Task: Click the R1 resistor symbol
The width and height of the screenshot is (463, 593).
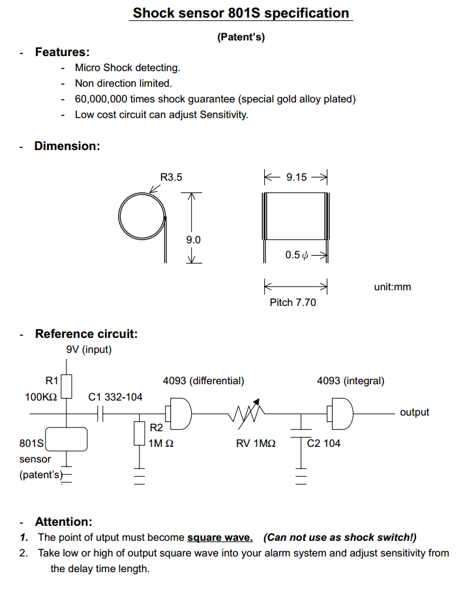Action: [67, 386]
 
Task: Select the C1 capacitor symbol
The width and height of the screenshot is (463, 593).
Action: [100, 414]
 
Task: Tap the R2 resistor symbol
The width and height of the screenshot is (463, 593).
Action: [140, 433]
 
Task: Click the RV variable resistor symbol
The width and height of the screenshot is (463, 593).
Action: [246, 414]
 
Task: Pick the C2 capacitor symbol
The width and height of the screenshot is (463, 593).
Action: [301, 433]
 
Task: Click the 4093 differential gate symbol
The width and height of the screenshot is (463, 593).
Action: [179, 414]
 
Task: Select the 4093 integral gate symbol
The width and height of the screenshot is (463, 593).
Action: [340, 414]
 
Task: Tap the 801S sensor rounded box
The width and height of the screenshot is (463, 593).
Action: [67, 439]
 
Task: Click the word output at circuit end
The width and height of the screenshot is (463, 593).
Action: [415, 412]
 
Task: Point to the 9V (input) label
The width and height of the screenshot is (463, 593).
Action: [89, 350]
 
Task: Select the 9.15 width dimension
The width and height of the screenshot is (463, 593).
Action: [296, 177]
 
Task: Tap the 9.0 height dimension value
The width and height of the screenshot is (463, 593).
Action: [193, 240]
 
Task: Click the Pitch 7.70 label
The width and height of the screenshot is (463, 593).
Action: [293, 303]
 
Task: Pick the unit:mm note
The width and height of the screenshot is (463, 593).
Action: [393, 286]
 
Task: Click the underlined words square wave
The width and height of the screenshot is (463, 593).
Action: [220, 538]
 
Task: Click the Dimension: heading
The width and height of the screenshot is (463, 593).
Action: [67, 146]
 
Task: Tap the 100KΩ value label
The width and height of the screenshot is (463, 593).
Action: [41, 397]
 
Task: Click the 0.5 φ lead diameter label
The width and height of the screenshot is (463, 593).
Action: [297, 255]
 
